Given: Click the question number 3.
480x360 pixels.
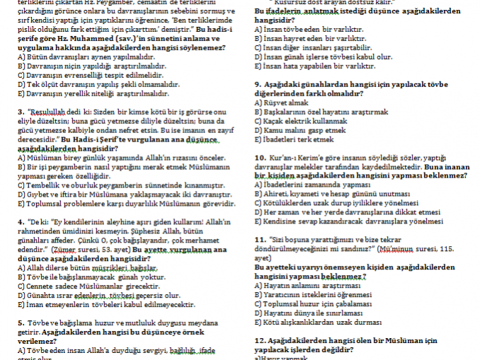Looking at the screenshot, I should (20, 112).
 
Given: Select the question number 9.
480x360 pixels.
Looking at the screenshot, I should (256, 84).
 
